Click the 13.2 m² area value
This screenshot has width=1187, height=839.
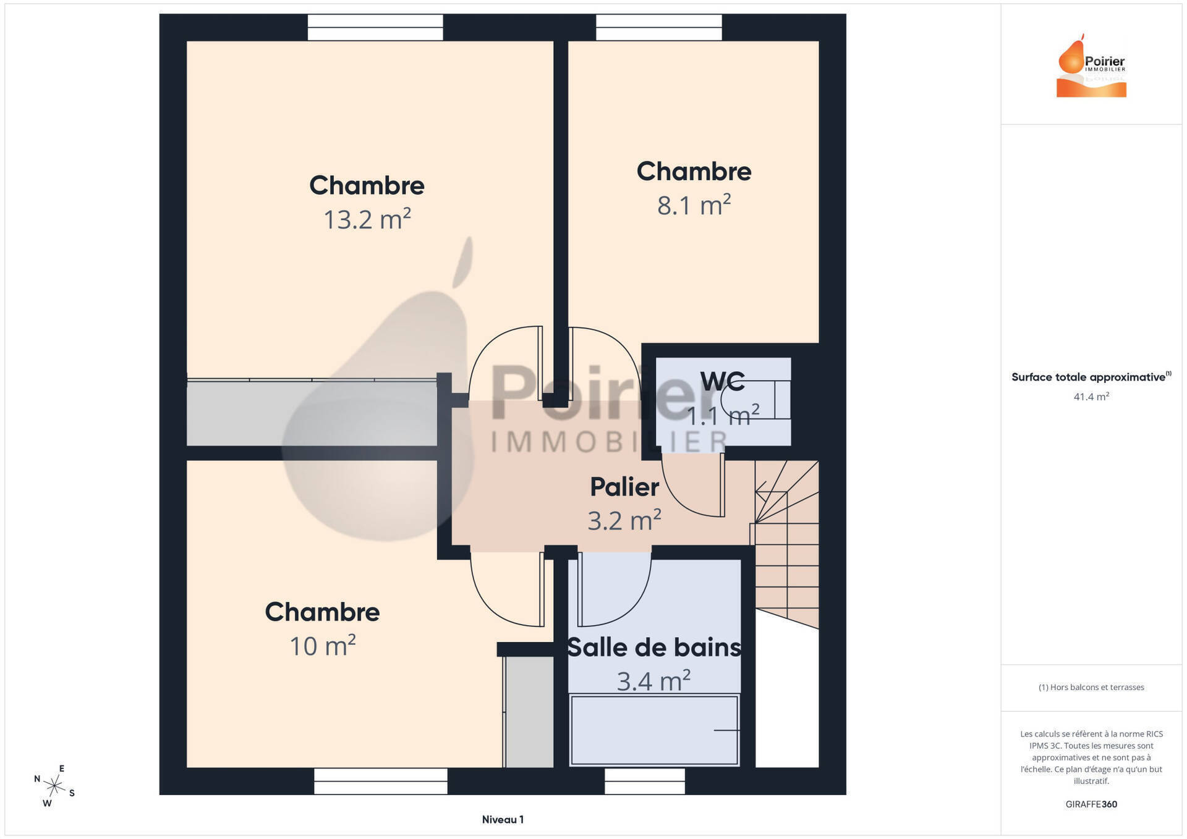[x=367, y=219]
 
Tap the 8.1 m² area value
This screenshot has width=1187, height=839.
[x=694, y=205]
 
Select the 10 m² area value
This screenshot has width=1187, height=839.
[x=323, y=646]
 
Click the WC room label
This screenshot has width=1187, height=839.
[x=723, y=382]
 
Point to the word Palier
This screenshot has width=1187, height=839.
[x=624, y=487]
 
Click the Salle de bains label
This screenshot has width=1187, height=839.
[x=654, y=647]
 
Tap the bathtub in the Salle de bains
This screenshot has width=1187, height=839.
[x=654, y=730]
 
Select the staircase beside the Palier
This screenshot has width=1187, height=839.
[x=786, y=544]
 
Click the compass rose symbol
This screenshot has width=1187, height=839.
[x=54, y=786]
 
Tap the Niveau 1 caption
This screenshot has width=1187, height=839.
[x=503, y=820]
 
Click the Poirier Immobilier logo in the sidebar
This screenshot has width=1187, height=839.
[x=1092, y=65]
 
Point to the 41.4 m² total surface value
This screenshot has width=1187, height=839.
[x=1091, y=397]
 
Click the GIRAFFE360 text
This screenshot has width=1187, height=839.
[x=1091, y=804]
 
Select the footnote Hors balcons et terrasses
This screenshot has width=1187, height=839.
[x=1091, y=687]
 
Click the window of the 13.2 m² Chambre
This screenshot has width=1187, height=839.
[x=375, y=28]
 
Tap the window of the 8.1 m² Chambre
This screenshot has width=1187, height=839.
[x=659, y=28]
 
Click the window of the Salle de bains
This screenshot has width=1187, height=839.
[x=645, y=781]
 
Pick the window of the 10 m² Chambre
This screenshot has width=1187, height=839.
[x=381, y=781]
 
